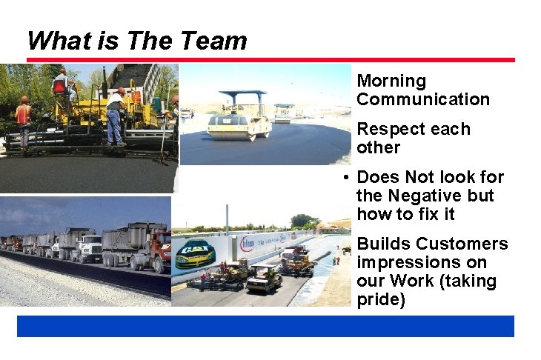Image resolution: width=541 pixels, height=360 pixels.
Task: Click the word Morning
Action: coord(391,81)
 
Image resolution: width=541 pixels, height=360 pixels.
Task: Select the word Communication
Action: coord(423,99)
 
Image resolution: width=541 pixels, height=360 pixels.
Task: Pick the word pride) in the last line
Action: coord(381,300)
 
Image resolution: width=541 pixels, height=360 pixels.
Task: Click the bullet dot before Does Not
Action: coord(346,178)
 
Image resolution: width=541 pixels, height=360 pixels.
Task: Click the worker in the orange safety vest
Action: coord(23,115)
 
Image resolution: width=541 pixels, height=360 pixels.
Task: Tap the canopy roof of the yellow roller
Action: coord(242,95)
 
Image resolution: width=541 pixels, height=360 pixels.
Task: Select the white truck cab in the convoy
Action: coord(90,247)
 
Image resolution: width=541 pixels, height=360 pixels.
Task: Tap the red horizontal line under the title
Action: coord(270,59)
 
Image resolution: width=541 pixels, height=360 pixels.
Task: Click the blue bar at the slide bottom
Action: coord(265,326)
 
